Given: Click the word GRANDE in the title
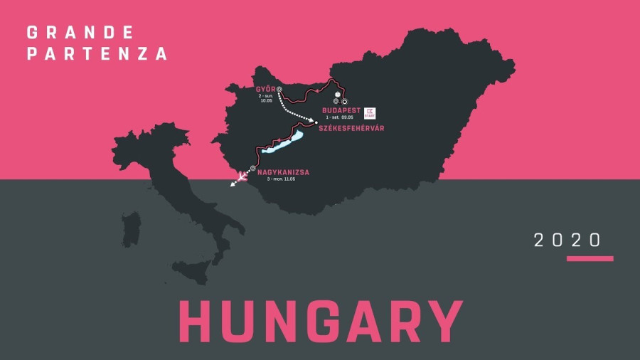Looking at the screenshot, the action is (80, 33).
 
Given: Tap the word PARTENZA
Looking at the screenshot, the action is (97, 54).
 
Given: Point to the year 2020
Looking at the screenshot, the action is (568, 240).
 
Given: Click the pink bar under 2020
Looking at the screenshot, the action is (590, 259).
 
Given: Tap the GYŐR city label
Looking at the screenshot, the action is (265, 89).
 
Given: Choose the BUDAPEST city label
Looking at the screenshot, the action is (341, 111).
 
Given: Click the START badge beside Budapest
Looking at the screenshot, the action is (370, 112).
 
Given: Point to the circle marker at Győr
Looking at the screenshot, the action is (279, 89).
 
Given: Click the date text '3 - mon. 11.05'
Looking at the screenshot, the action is (281, 179).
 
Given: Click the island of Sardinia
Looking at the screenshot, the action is (130, 229).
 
